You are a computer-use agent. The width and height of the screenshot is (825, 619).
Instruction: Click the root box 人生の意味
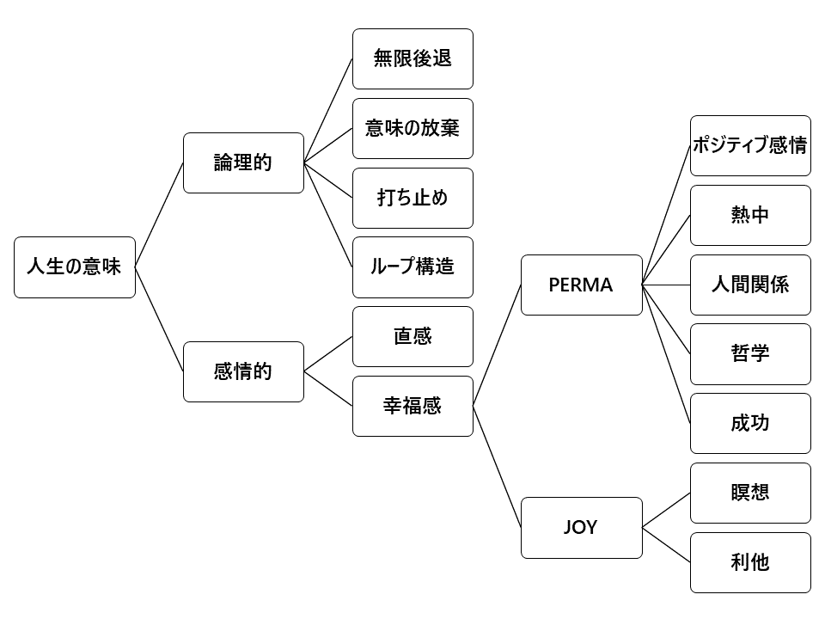click(x=75, y=267)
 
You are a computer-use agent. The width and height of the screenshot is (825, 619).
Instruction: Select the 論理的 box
click(x=243, y=162)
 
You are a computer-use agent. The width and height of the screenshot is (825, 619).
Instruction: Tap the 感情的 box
click(x=243, y=371)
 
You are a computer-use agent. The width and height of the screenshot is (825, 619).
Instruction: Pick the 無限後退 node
click(x=412, y=58)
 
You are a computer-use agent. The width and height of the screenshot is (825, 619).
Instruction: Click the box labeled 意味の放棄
click(x=412, y=128)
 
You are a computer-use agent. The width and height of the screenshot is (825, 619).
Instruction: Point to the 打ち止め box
click(x=412, y=198)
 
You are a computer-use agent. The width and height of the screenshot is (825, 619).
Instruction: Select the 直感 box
click(x=412, y=336)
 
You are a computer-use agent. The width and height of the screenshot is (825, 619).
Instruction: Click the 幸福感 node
click(x=412, y=406)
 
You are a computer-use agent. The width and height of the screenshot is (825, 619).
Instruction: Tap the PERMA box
click(x=582, y=285)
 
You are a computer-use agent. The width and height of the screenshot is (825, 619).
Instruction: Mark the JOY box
click(x=582, y=527)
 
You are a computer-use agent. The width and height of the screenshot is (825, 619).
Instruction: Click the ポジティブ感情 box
click(x=750, y=145)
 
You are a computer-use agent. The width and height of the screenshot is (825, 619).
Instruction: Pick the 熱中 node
click(x=750, y=215)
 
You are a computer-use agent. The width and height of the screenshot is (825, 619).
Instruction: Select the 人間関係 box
click(x=750, y=285)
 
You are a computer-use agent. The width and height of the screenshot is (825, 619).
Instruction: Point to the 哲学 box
click(x=750, y=353)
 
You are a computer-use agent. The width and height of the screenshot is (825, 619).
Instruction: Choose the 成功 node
click(x=750, y=423)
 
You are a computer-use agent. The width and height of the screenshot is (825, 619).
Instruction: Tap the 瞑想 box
click(x=750, y=493)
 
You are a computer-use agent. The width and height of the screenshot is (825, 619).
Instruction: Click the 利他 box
click(x=750, y=562)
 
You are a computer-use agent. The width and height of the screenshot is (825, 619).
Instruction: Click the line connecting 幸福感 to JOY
click(x=498, y=467)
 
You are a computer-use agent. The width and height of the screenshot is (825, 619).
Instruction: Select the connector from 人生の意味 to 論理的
click(x=160, y=215)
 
